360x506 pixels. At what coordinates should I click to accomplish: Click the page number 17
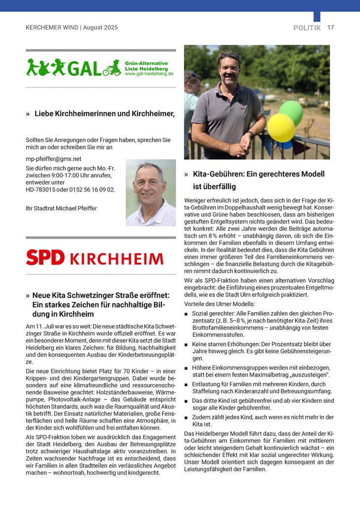330,28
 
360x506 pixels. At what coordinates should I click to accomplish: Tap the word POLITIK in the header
307,28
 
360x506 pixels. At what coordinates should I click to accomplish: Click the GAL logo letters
84,68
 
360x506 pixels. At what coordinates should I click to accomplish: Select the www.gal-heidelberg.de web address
149,74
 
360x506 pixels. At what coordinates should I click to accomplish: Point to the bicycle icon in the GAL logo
112,70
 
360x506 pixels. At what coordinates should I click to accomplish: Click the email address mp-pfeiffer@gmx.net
53,159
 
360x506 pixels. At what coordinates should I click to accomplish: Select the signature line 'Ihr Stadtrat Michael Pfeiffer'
61,209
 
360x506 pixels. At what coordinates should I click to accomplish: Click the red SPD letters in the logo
45,257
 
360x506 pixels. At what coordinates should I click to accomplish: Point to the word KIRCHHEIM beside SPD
116,258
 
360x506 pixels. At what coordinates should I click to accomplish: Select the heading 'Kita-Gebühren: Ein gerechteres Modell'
259,174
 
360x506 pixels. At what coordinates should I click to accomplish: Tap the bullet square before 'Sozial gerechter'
186,314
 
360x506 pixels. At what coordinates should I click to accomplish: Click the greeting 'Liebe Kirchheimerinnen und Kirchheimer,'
104,114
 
